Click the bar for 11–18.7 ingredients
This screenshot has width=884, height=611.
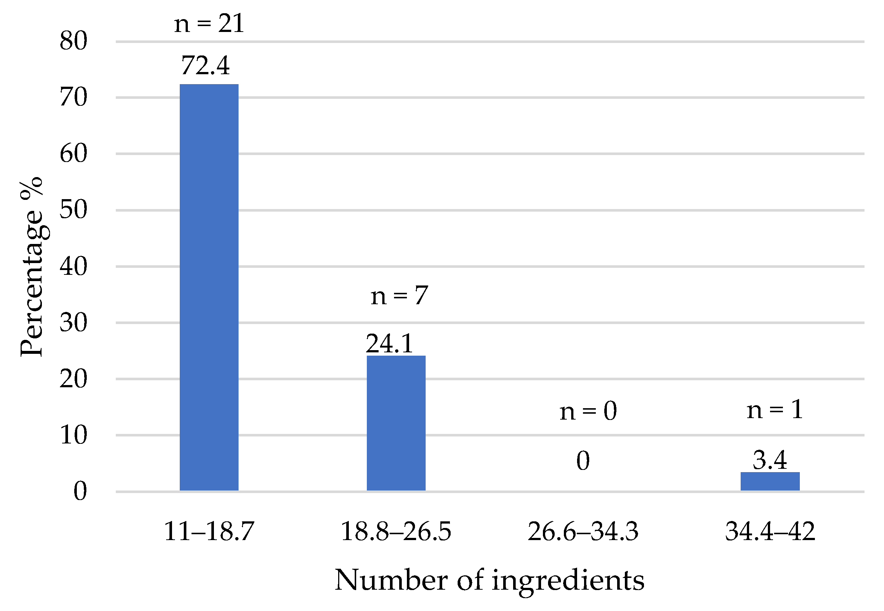coord(209,287)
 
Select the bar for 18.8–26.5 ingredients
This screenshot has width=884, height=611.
coord(396,423)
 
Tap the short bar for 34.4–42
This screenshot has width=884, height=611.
coord(770,481)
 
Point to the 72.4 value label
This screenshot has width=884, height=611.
coord(205,65)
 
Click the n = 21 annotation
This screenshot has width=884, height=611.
coord(209,24)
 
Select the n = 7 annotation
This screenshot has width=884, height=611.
coord(399,295)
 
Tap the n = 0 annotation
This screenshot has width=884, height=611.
coord(588,411)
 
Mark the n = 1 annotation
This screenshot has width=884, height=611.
coord(774,410)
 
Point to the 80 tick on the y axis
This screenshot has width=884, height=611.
coord(73,40)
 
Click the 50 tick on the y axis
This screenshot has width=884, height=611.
coord(73,209)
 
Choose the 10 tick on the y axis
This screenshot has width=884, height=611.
coord(73,435)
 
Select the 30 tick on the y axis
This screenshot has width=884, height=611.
coord(73,322)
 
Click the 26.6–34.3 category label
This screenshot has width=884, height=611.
coord(583,531)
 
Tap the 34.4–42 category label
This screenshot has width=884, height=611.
coord(770,531)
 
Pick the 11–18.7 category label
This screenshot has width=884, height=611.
coord(209,531)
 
